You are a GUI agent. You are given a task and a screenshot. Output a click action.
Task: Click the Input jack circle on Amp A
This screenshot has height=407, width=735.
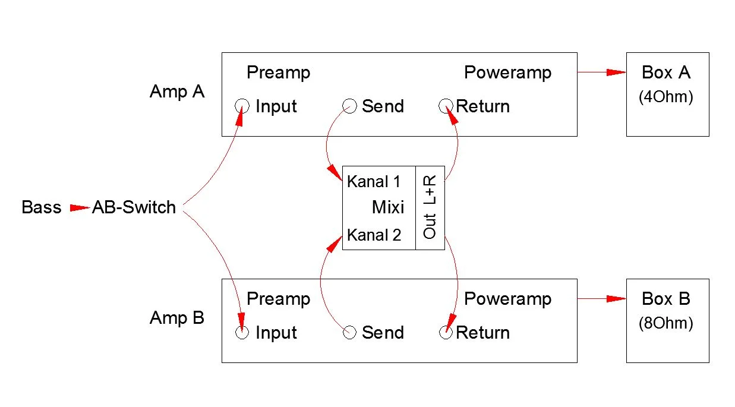[242, 106]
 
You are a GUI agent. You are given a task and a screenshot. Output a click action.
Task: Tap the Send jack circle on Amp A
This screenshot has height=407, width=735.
[350, 106]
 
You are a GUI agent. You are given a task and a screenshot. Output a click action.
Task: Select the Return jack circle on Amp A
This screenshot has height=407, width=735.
[446, 106]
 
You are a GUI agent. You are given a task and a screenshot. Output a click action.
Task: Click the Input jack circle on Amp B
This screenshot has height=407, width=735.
[242, 332]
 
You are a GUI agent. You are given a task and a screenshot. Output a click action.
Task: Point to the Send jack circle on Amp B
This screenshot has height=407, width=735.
[350, 332]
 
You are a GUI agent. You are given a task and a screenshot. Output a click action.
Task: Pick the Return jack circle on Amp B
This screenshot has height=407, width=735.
[446, 332]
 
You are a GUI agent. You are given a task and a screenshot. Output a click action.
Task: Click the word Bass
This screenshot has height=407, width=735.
[41, 207]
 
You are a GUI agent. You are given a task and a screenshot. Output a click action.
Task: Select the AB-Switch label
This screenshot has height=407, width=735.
[134, 207]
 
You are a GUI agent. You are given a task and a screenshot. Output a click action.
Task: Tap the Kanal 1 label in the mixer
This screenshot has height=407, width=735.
[374, 181]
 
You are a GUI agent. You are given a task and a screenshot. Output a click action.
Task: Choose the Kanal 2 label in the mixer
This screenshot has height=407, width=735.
[374, 235]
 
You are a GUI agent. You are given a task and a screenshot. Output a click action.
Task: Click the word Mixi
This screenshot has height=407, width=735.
[388, 207]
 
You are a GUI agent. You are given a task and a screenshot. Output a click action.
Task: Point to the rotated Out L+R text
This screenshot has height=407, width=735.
[430, 207]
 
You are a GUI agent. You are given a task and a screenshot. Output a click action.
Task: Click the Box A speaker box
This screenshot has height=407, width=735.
[667, 94]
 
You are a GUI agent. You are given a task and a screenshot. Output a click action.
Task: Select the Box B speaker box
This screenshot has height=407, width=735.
[667, 320]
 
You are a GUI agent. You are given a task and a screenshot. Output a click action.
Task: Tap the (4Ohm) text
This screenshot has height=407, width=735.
[666, 97]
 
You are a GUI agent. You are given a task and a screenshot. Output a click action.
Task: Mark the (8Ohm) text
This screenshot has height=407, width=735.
[666, 324]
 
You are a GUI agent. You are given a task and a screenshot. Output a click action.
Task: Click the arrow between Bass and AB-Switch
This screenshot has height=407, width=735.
[79, 208]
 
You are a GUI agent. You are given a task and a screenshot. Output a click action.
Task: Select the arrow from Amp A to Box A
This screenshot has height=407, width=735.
[601, 72]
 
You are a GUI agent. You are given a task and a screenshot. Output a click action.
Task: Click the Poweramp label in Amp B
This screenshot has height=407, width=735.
[507, 299]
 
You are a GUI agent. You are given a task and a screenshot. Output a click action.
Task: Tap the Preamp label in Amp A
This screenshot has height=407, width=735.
[278, 72]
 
